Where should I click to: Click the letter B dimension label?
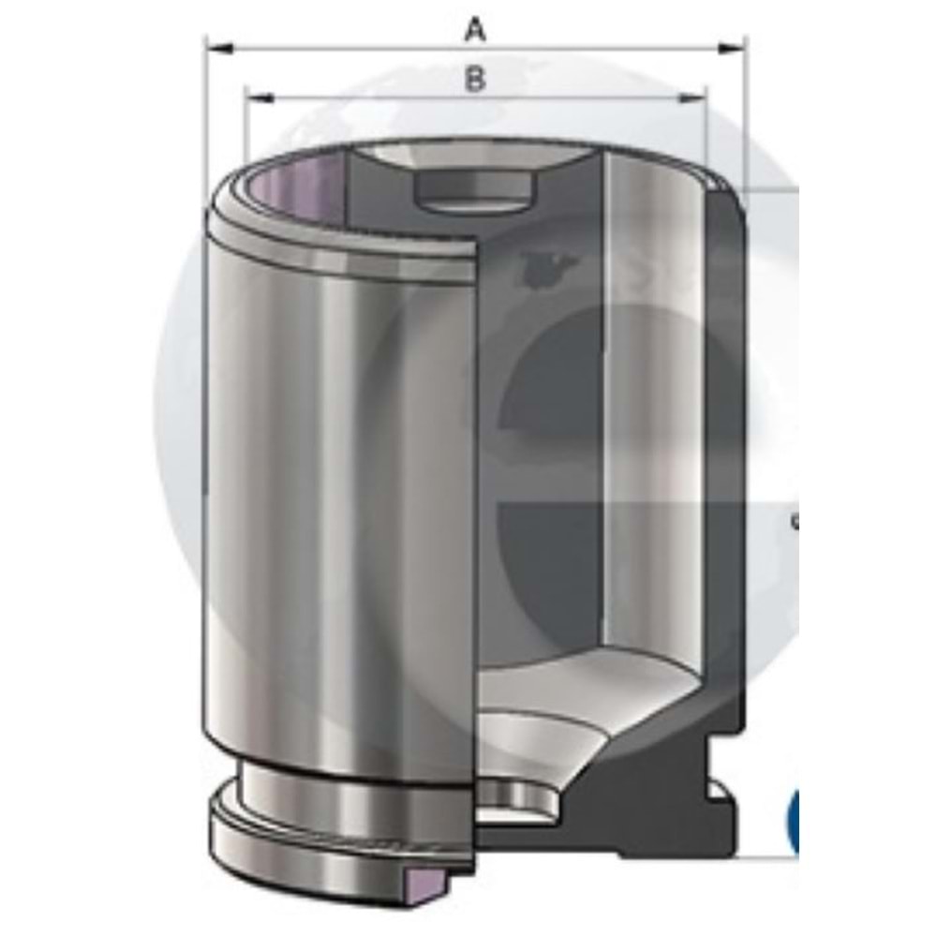(x=474, y=79)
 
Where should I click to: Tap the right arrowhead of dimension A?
(x=731, y=49)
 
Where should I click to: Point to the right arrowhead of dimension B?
(x=692, y=97)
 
